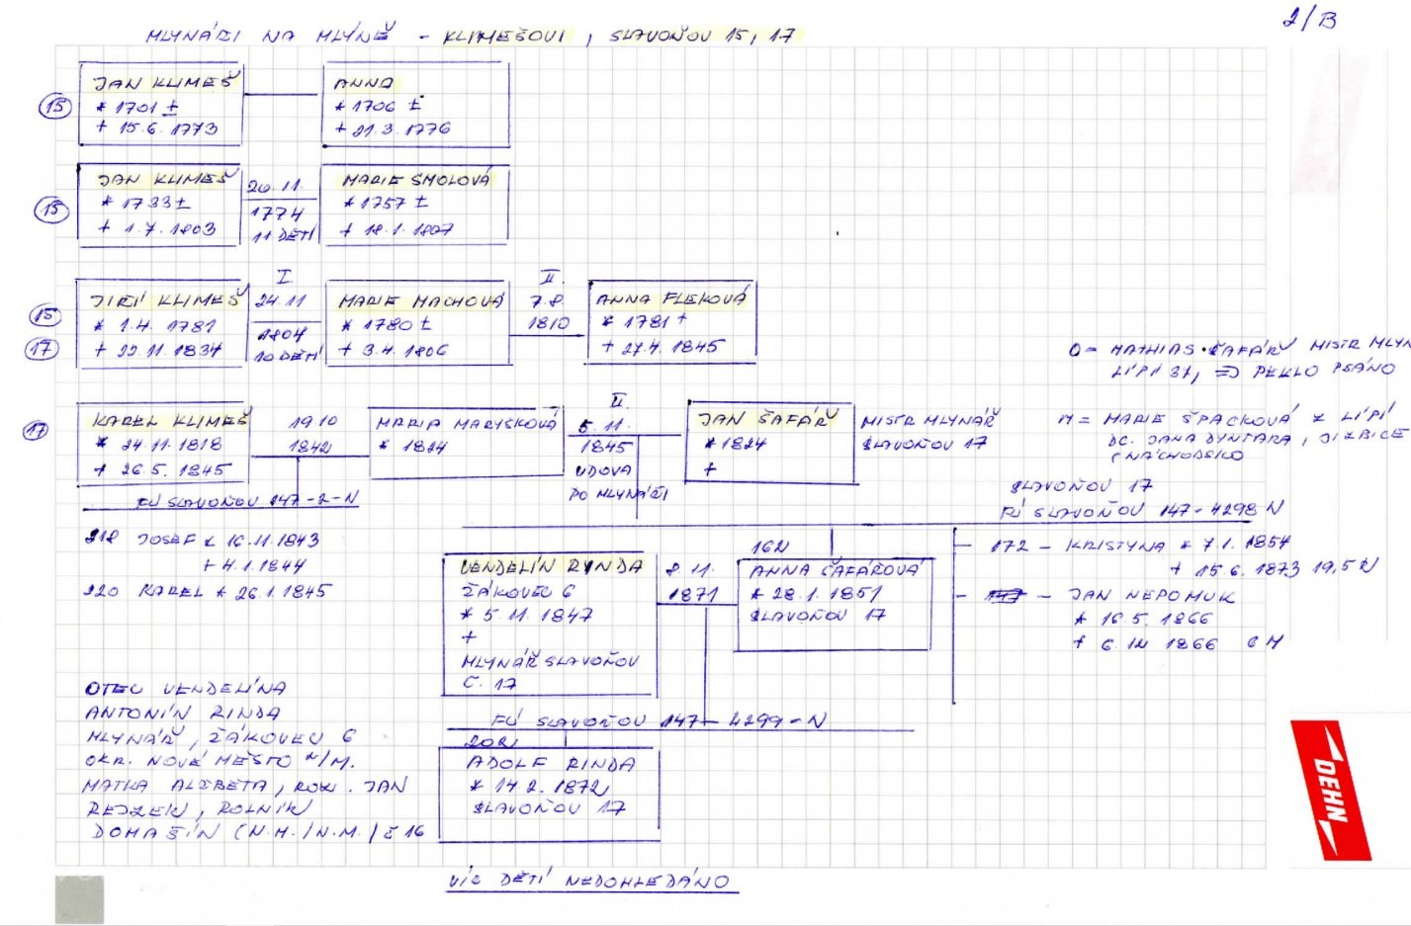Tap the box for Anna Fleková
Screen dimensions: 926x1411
click(671, 322)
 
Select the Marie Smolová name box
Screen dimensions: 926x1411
click(415, 204)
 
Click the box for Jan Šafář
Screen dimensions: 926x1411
click(770, 443)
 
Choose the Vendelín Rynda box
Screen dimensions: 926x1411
click(550, 623)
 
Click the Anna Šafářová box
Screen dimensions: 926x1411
click(834, 604)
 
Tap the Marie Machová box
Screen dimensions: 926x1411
click(416, 323)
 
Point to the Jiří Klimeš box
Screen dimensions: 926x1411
click(159, 324)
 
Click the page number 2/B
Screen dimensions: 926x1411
click(1309, 18)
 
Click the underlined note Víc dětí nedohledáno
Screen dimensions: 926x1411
click(590, 881)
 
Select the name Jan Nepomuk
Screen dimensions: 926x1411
click(1150, 596)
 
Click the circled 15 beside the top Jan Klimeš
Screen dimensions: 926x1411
click(54, 106)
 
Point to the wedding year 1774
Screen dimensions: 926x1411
click(276, 212)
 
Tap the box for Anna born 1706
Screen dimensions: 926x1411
click(416, 105)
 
